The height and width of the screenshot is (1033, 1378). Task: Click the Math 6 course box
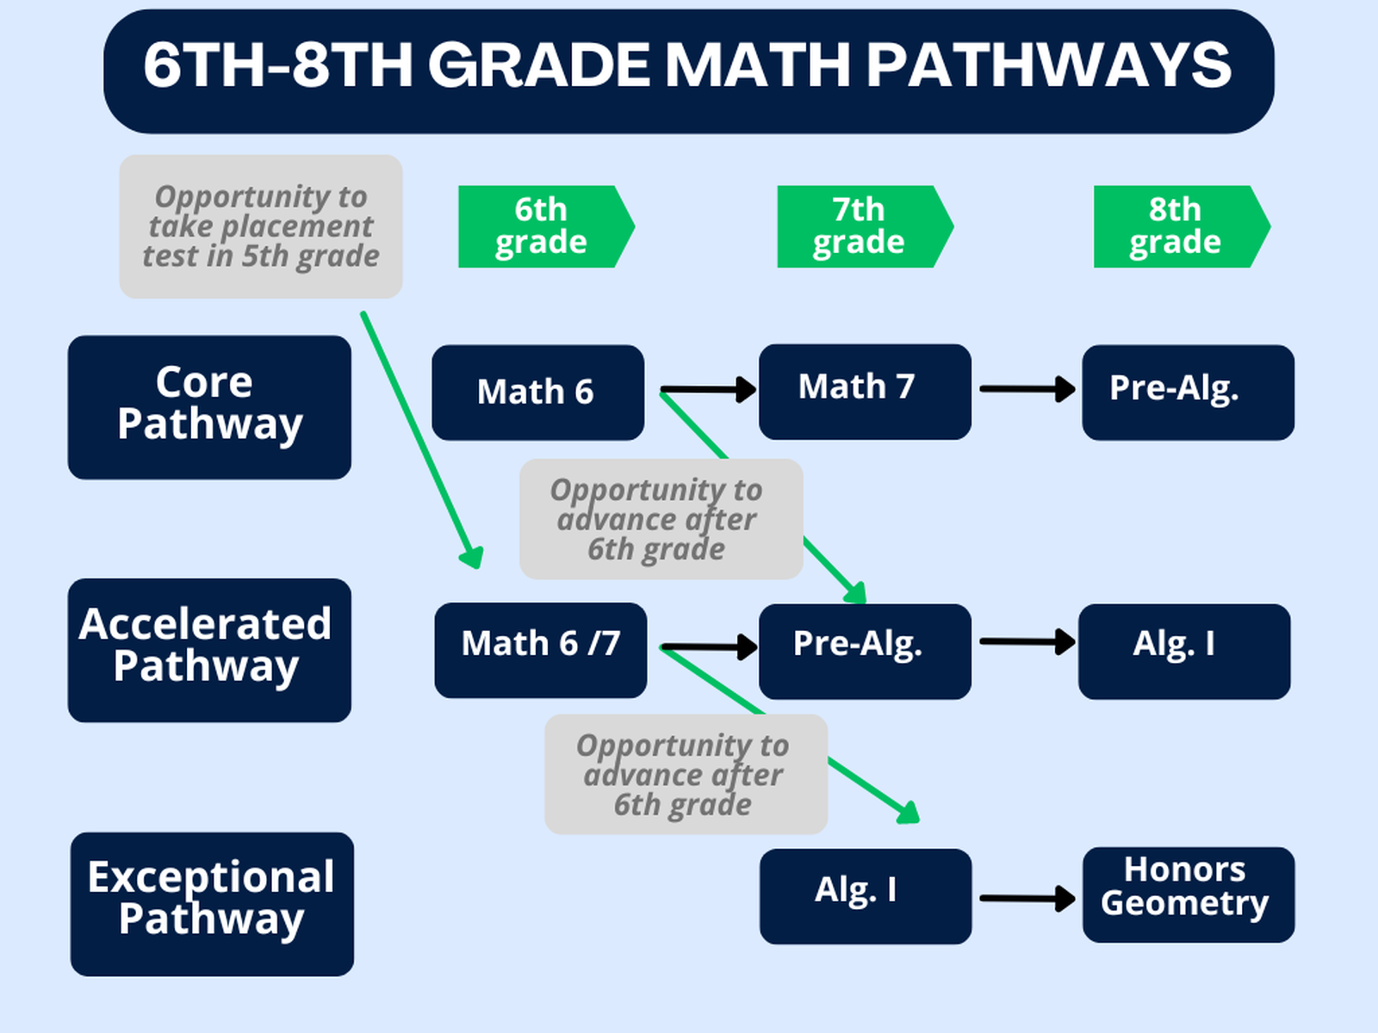537,393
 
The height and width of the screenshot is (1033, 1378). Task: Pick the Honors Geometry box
1188,894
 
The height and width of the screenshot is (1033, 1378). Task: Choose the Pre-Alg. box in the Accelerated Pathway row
865,651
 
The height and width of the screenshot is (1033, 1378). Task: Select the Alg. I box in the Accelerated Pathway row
1184,651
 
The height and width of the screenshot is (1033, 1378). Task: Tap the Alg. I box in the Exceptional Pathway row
866,896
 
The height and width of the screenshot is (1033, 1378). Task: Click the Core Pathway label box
209,407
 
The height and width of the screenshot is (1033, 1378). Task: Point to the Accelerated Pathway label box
209,650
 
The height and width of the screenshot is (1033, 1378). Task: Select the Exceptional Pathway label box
212,904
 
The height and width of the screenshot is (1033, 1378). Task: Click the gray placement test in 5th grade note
261,226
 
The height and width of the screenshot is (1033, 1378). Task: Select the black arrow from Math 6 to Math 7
708,390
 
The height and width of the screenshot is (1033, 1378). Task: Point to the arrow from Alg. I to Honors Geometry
1027,899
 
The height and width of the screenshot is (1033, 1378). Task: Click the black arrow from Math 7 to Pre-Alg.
1027,389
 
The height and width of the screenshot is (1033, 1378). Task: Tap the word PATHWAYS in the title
1048,65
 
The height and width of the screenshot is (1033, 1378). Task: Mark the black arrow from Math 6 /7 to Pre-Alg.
709,646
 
